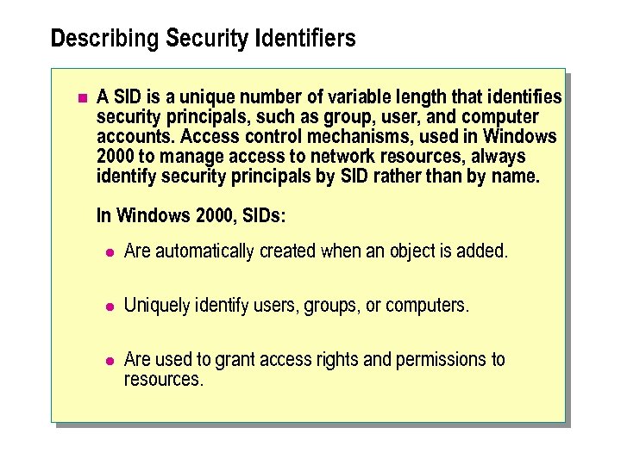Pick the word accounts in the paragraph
[x=133, y=137]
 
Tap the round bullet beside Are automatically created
[x=109, y=252]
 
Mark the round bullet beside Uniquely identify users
[x=109, y=307]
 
